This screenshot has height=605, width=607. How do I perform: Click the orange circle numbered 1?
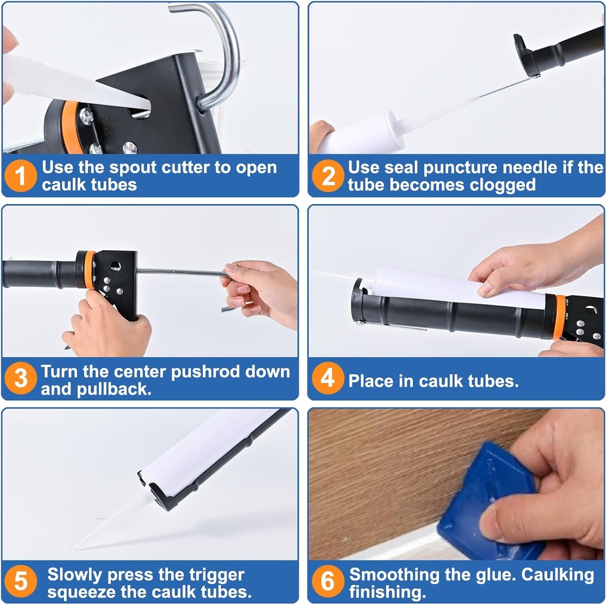(21, 176)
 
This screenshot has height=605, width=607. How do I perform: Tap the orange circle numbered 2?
(328, 176)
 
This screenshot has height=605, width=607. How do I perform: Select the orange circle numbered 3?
(21, 380)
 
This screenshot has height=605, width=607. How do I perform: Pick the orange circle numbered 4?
(328, 380)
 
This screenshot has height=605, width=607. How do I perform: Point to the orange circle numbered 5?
(21, 582)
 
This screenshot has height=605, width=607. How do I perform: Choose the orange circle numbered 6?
(328, 582)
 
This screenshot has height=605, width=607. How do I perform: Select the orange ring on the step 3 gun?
(89, 270)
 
